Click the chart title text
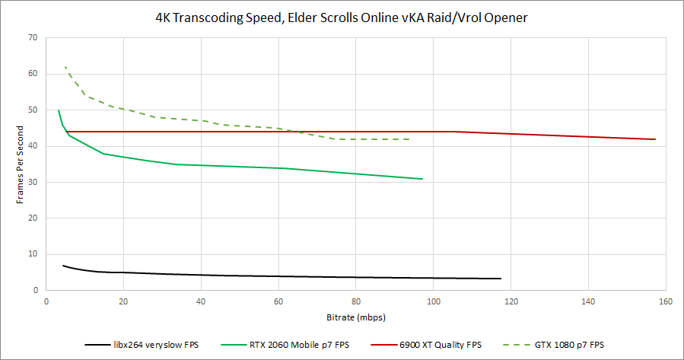pyautogui.click(x=341, y=17)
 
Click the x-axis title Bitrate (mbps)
pyautogui.click(x=355, y=316)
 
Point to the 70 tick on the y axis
pyautogui.click(x=32, y=37)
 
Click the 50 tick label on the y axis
pyautogui.click(x=32, y=110)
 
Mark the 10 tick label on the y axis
pyautogui.click(x=32, y=254)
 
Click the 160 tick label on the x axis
pyautogui.click(x=666, y=301)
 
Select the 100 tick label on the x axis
pyautogui.click(x=433, y=301)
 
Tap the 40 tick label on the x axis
pyautogui.click(x=201, y=301)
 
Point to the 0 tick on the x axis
pyautogui.click(x=46, y=301)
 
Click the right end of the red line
pyautogui.click(x=655, y=139)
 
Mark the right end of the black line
pyautogui.click(x=500, y=279)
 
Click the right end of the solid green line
pyautogui.click(x=422, y=179)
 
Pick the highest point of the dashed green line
pyautogui.click(x=65, y=66)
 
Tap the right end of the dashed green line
pyautogui.click(x=411, y=139)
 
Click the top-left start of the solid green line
pyautogui.click(x=59, y=110)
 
